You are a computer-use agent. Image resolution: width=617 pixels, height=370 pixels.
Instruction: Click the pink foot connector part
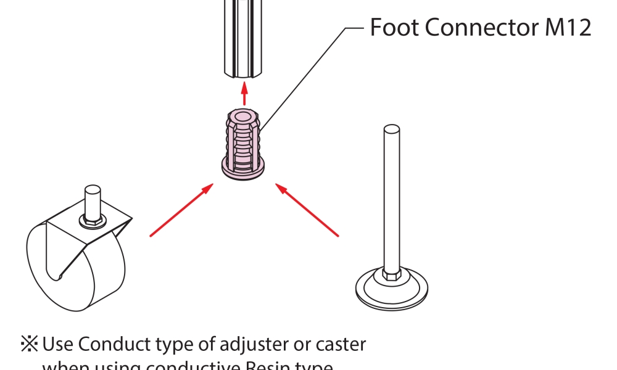[244, 142]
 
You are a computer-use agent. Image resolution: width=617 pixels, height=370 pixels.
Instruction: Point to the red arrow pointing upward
[244, 93]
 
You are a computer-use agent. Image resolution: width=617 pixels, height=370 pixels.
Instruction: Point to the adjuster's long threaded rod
[391, 197]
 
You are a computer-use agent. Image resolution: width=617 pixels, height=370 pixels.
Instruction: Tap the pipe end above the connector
[244, 43]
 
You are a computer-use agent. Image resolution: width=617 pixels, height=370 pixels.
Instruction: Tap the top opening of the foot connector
[244, 115]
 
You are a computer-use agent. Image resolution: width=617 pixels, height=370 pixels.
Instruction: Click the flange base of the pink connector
[244, 168]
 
